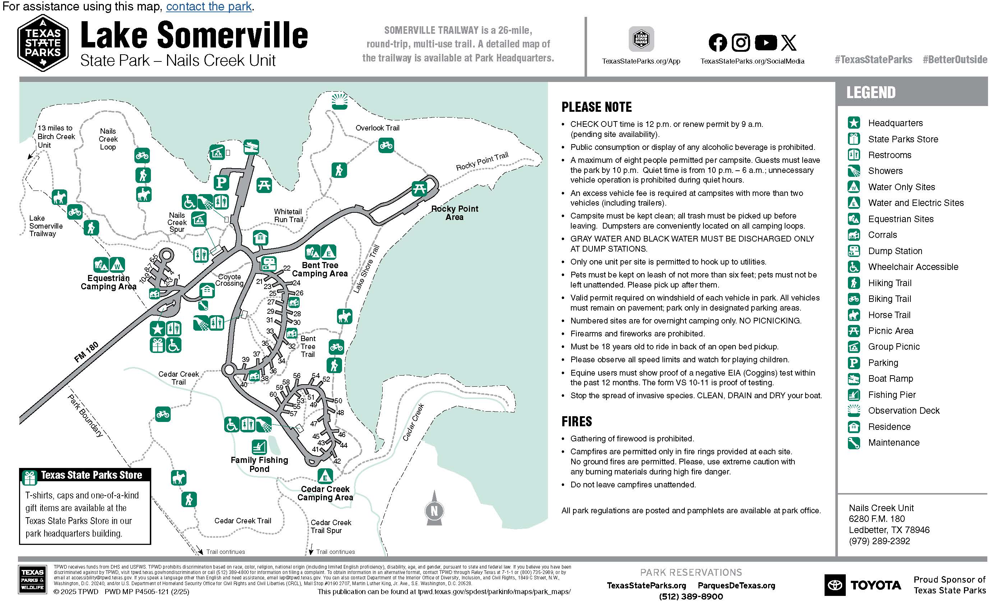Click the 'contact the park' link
click(x=209, y=6)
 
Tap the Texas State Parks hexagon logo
click(x=43, y=43)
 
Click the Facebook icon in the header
click(x=717, y=42)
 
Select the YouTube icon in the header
click(x=766, y=42)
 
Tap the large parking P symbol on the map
click(x=221, y=182)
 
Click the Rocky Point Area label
click(x=454, y=213)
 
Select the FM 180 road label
click(x=86, y=352)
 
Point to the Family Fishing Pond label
click(x=259, y=464)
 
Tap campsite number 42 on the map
click(x=337, y=461)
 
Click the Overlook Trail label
click(x=377, y=128)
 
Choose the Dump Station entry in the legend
click(x=895, y=251)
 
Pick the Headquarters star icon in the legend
click(x=854, y=123)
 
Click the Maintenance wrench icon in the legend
click(x=854, y=443)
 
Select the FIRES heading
click(x=577, y=422)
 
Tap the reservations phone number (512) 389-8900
click(x=691, y=596)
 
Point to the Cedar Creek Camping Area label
click(x=325, y=493)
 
